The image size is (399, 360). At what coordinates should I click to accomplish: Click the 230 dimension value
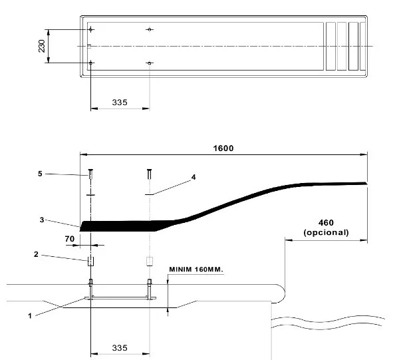click(41, 46)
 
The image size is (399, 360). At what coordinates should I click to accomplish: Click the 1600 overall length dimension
click(223, 148)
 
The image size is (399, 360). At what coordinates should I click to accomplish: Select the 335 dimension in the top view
click(120, 102)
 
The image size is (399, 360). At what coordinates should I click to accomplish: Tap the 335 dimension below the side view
click(120, 348)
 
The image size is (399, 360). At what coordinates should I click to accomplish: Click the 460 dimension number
click(326, 223)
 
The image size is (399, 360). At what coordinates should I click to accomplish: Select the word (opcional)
click(326, 233)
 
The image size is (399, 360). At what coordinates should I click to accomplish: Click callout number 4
click(194, 177)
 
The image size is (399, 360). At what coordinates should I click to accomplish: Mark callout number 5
click(39, 173)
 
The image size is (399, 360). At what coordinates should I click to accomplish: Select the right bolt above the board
click(149, 176)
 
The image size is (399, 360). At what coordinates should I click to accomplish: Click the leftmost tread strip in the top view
click(331, 46)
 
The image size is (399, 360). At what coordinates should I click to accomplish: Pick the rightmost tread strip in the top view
click(363, 46)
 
